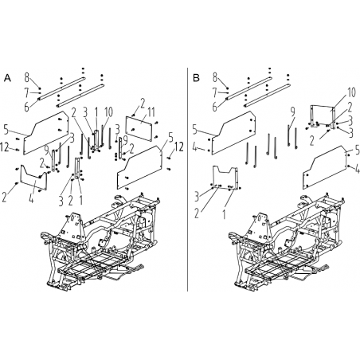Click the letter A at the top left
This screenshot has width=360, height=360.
pyautogui.click(x=8, y=78)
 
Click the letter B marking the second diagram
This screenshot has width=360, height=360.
pyautogui.click(x=196, y=78)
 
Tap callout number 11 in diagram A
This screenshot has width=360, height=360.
pyautogui.click(x=151, y=112)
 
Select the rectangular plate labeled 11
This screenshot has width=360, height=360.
pyautogui.click(x=139, y=128)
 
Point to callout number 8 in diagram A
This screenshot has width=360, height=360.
pyautogui.click(x=27, y=77)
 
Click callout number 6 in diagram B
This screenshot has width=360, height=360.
pyautogui.click(x=215, y=108)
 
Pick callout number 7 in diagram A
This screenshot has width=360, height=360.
pyautogui.click(x=26, y=93)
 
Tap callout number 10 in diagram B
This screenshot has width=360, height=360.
pyautogui.click(x=351, y=92)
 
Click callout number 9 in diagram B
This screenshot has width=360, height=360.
pyautogui.click(x=292, y=112)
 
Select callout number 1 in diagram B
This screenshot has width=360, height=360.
pyautogui.click(x=224, y=214)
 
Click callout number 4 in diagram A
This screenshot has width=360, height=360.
pyautogui.click(x=31, y=198)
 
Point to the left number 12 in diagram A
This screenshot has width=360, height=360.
pyautogui.click(x=5, y=147)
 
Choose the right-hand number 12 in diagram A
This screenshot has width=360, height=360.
pyautogui.click(x=179, y=147)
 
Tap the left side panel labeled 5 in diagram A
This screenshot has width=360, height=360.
pyautogui.click(x=46, y=133)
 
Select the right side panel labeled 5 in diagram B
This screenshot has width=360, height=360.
pyautogui.click(x=325, y=167)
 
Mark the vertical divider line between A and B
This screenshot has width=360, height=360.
pyautogui.click(x=188, y=179)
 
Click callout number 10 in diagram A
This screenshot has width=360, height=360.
pyautogui.click(x=108, y=112)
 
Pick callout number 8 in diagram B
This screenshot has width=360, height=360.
pyautogui.click(x=215, y=77)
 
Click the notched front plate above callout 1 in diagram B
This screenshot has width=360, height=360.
pyautogui.click(x=225, y=178)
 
